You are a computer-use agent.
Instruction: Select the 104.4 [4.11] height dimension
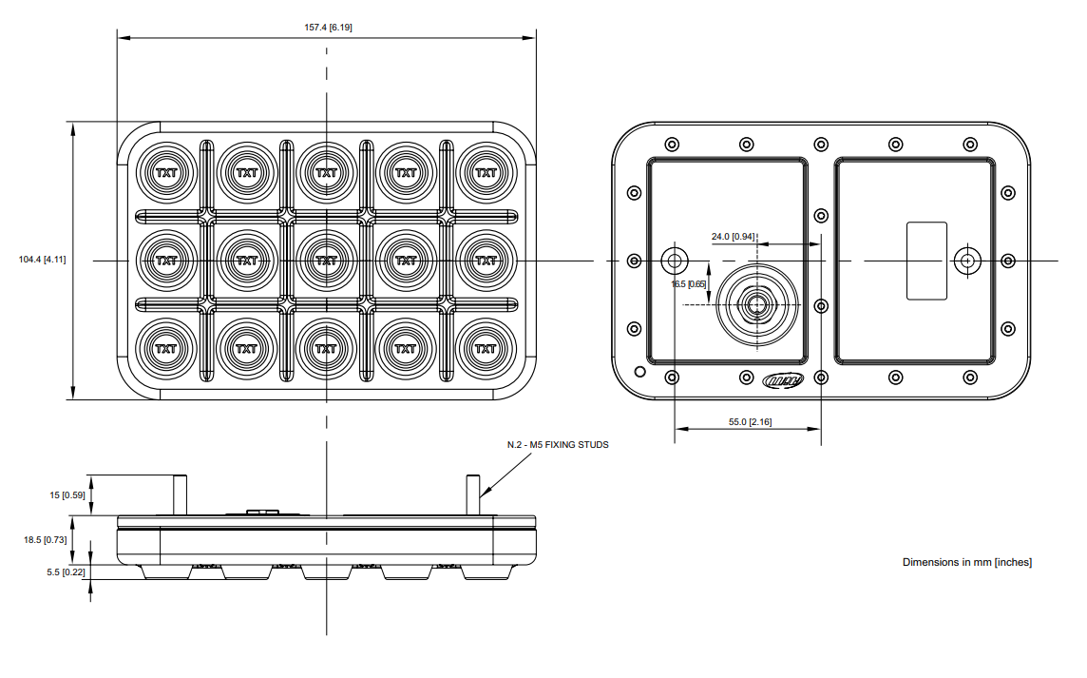43,260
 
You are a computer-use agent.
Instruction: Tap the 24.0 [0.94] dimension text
733,236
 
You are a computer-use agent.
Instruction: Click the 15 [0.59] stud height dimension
67,494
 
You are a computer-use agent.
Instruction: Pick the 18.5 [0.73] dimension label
45,539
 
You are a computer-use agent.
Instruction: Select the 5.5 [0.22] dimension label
67,571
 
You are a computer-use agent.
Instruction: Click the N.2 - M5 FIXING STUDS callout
558,444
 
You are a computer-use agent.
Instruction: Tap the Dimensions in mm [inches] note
966,562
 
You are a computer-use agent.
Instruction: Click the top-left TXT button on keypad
166,173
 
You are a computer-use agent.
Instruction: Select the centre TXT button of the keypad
326,260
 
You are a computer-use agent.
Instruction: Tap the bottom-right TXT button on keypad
486,348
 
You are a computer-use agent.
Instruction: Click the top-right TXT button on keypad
486,173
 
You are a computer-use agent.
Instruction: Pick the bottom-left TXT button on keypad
166,348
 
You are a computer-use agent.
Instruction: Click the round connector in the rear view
757,303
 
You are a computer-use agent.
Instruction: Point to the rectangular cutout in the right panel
926,261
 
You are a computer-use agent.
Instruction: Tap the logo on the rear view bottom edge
783,380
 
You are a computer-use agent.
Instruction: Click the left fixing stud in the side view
179,494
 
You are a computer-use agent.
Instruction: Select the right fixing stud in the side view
472,494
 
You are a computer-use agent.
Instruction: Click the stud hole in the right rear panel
967,261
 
